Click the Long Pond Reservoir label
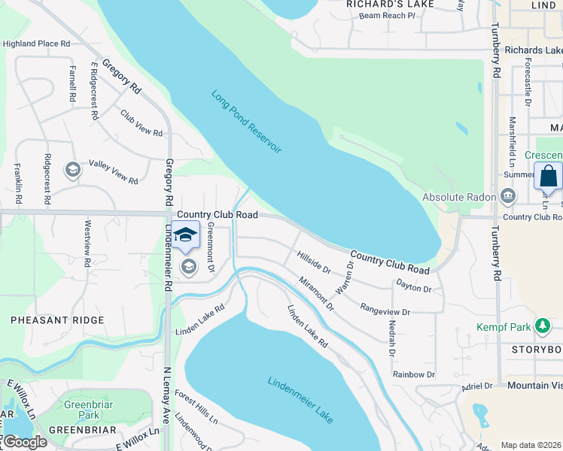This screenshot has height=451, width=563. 246,123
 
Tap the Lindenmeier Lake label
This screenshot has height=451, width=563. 300,400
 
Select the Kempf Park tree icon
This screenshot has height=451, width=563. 540,326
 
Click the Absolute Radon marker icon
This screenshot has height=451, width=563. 508,197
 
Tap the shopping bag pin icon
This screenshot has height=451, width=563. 548,177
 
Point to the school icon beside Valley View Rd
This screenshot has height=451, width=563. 73,169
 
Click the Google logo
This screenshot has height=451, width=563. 24,442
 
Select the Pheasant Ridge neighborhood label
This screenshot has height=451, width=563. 57,320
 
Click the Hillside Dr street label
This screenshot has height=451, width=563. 313,262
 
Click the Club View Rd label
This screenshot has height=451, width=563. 142,123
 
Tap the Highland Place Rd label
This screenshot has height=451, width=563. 36,44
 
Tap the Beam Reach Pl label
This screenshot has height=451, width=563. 387,15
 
